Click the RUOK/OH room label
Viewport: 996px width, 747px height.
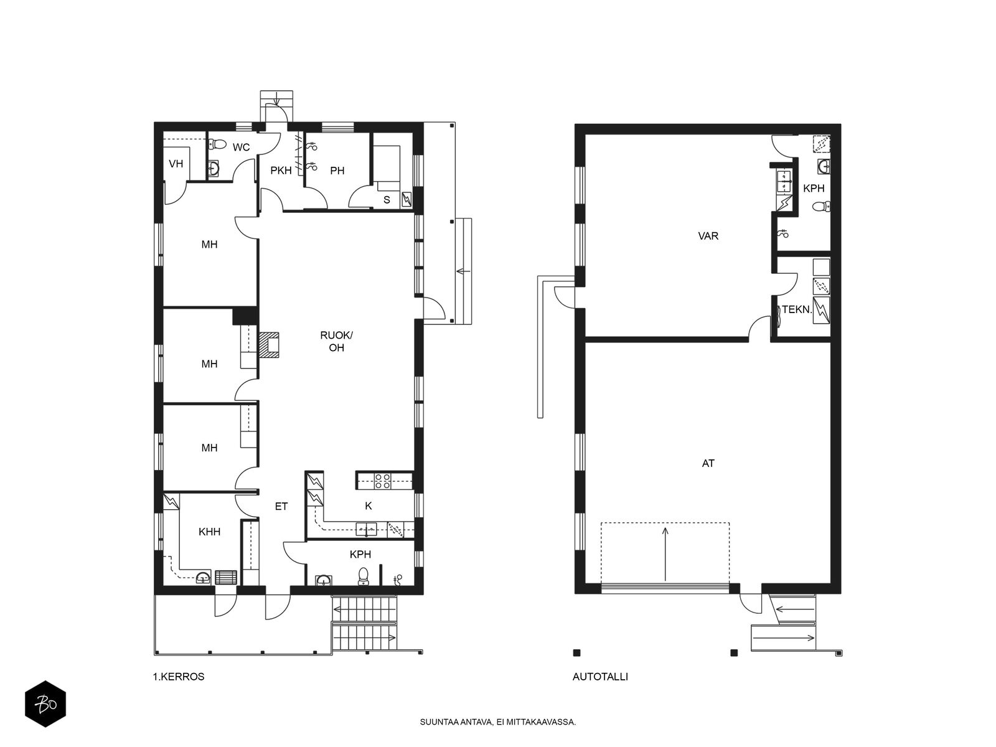[336, 342]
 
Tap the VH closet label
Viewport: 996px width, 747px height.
[176, 164]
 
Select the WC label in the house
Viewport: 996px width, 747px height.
[241, 148]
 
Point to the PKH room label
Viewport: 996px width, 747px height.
[281, 171]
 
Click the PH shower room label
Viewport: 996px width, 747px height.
[337, 171]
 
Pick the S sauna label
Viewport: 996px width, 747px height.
[387, 200]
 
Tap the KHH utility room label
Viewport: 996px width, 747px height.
[209, 532]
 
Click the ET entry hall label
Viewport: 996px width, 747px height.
[281, 506]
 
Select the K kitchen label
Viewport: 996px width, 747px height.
[369, 505]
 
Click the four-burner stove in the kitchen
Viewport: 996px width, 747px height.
[382, 481]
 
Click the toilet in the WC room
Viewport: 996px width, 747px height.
[218, 144]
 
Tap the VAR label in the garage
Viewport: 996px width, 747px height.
[708, 236]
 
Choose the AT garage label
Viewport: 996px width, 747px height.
[708, 463]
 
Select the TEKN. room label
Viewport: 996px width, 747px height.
[797, 309]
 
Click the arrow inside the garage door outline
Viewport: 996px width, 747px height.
[665, 554]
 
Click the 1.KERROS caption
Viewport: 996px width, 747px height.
[179, 677]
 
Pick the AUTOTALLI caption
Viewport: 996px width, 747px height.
[600, 677]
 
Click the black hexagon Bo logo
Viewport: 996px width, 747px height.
[45, 704]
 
